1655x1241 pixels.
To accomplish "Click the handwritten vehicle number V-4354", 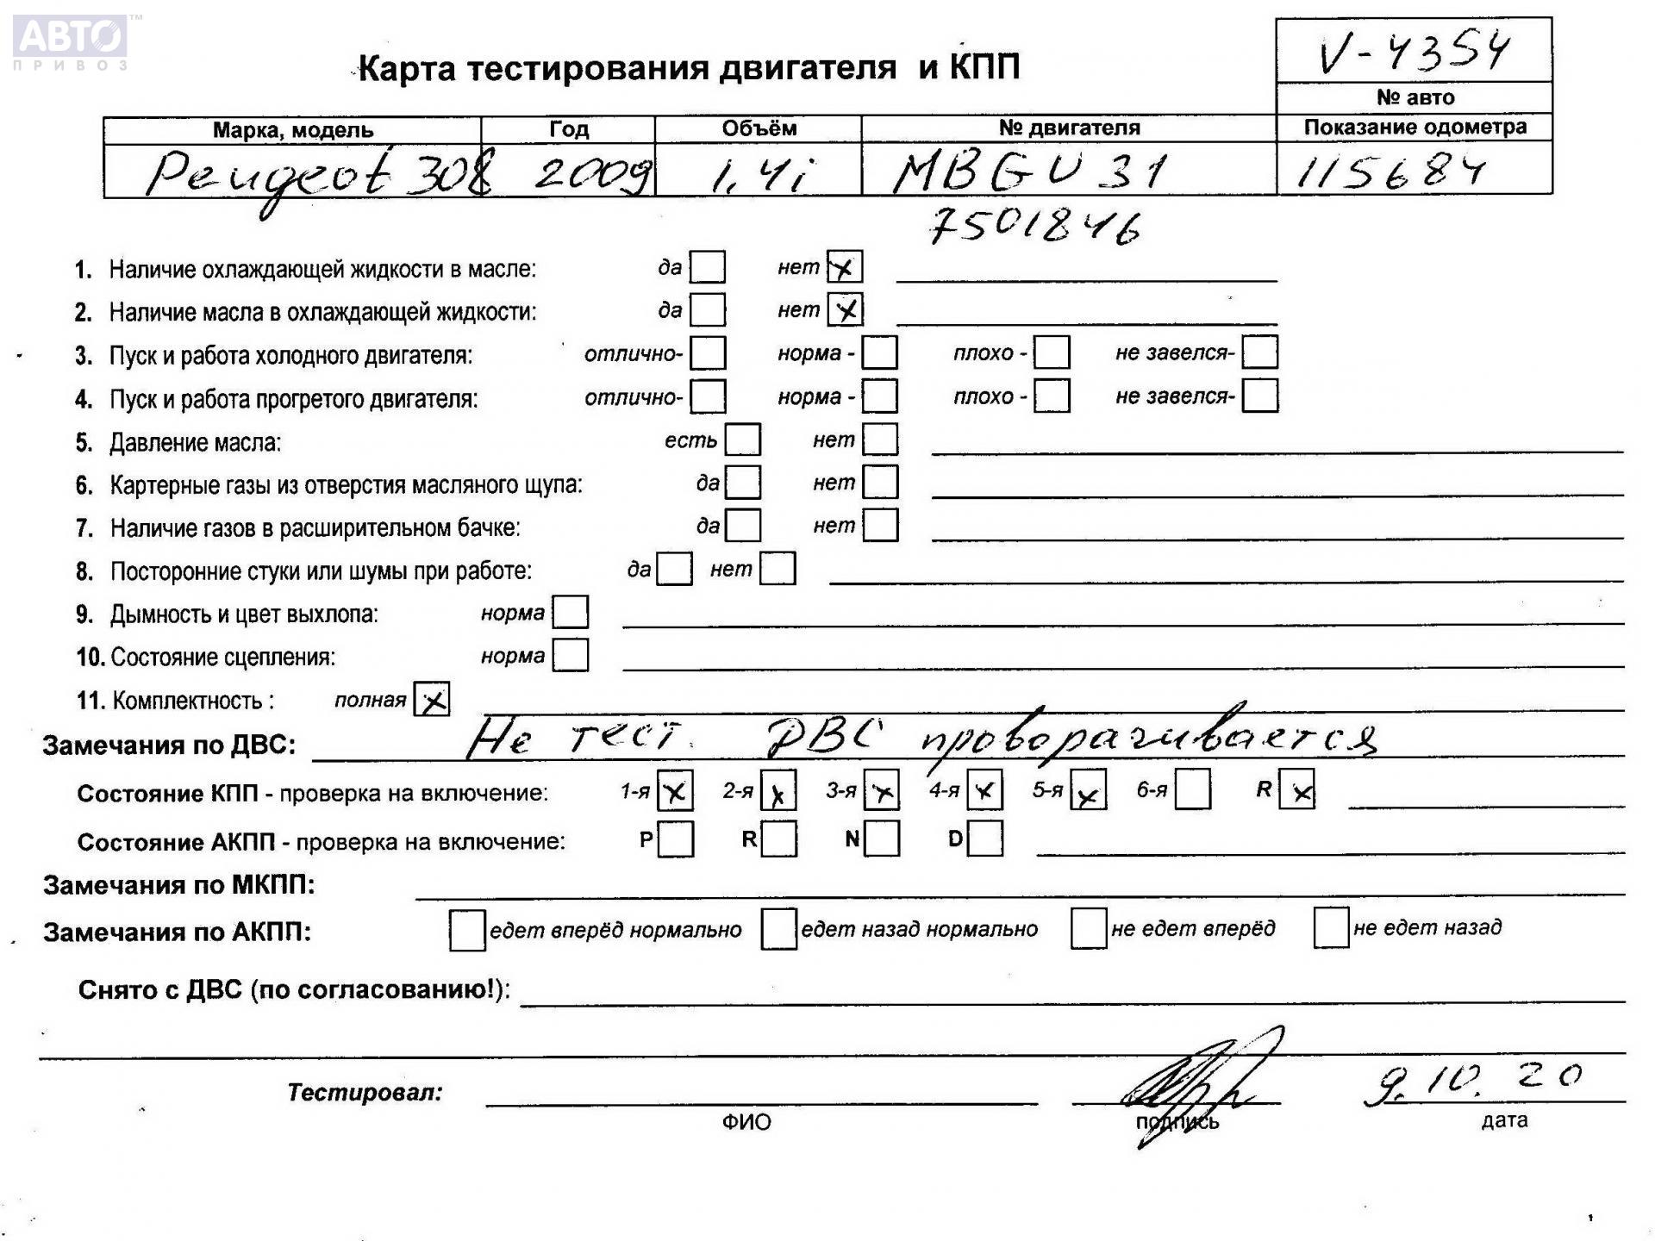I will tap(1414, 52).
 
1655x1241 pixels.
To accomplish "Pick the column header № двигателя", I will tap(1069, 128).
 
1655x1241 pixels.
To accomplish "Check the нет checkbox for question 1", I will tap(845, 267).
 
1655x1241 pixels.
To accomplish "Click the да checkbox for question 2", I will tap(708, 309).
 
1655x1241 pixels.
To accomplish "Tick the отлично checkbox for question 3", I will tap(708, 352).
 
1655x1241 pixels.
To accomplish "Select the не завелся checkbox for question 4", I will tap(1259, 396).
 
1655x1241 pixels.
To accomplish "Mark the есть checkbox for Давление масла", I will tap(742, 440).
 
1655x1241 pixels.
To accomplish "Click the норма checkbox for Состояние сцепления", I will tap(570, 655).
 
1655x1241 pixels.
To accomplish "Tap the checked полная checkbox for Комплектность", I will tap(432, 699).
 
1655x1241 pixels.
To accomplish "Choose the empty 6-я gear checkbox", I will tap(1192, 789).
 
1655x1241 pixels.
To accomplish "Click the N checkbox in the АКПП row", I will tap(882, 839).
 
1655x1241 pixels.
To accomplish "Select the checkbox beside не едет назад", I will tap(1331, 927).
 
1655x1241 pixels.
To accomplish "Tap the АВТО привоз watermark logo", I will tap(71, 41).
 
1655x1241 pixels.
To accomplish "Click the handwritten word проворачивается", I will tap(1146, 739).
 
